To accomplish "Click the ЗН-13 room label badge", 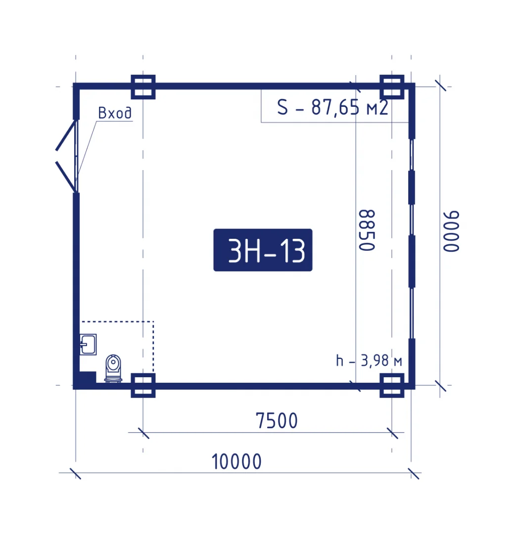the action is pyautogui.click(x=263, y=250).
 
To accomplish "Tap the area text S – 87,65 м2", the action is pyautogui.click(x=332, y=107).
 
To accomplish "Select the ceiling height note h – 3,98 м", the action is pyautogui.click(x=369, y=361).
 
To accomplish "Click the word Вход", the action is pyautogui.click(x=115, y=113).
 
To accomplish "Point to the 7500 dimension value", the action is pyautogui.click(x=277, y=421).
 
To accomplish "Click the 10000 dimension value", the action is pyautogui.click(x=236, y=462).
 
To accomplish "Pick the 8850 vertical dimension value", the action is pyautogui.click(x=367, y=230).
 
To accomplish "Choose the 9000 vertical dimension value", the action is pyautogui.click(x=451, y=231).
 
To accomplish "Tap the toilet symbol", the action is pyautogui.click(x=113, y=368).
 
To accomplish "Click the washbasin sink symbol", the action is pyautogui.click(x=88, y=344).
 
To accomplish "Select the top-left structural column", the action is pyautogui.click(x=143, y=87).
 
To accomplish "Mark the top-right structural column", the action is pyautogui.click(x=392, y=87).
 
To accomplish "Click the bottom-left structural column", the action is pyautogui.click(x=143, y=386).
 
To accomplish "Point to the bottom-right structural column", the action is pyautogui.click(x=392, y=386).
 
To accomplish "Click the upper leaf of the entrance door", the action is pyautogui.click(x=65, y=135).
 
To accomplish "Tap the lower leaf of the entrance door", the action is pyautogui.click(x=65, y=177).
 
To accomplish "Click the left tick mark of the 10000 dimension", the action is pyautogui.click(x=75, y=473).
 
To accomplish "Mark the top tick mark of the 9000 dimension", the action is pyautogui.click(x=440, y=86).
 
